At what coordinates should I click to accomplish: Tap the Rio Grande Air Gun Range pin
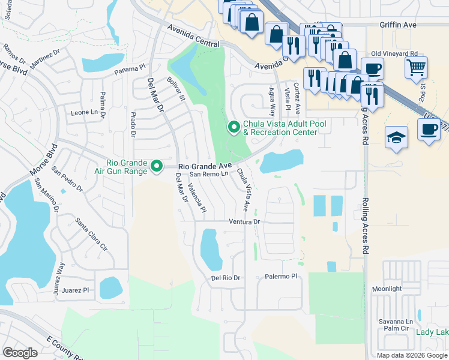pos(157,166)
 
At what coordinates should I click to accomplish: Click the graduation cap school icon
pos(397,137)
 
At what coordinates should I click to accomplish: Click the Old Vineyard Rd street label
pos(394,54)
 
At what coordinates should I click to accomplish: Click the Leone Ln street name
pos(84,112)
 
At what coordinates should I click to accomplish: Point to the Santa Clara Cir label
pos(91,238)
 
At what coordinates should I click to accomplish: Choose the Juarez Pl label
pos(78,290)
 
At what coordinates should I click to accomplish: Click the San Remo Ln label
pos(209,174)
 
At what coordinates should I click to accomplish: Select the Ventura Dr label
pos(244,221)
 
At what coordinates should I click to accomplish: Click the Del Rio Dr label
pos(225,278)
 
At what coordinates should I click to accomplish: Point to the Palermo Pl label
pos(281,277)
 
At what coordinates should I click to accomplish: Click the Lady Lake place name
pos(432,332)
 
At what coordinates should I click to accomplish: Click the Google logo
pos(20,352)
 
